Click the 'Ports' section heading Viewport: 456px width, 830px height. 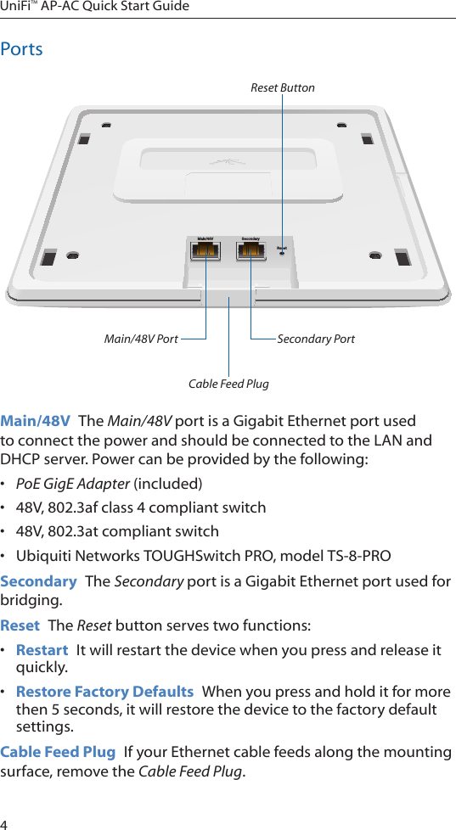[22, 49]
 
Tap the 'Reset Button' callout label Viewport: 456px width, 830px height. [282, 87]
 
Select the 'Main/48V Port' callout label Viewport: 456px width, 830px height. [141, 339]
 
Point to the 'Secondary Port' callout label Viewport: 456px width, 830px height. [316, 339]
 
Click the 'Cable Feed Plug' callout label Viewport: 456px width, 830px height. [228, 384]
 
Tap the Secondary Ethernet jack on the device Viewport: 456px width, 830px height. [251, 252]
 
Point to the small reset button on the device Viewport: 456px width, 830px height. [282, 253]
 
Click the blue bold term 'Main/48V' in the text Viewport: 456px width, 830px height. [36, 422]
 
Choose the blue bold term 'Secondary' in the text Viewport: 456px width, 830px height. [38, 581]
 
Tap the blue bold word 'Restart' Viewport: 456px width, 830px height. [42, 650]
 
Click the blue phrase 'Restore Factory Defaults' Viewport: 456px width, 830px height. [104, 691]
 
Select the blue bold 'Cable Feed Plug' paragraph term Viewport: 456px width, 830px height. [58, 752]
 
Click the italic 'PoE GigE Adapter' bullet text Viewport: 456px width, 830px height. [73, 484]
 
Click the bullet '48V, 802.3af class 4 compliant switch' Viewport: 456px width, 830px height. [141, 508]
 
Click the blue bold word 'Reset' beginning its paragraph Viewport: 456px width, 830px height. [20, 626]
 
